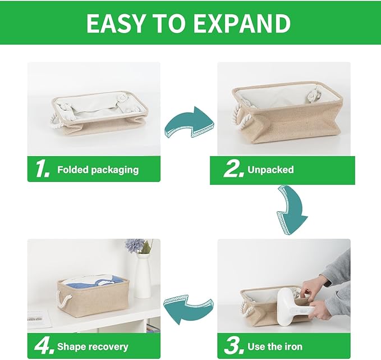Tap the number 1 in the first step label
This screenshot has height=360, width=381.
point(43,169)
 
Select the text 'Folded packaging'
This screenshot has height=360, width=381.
point(98,170)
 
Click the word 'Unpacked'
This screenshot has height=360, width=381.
point(272,170)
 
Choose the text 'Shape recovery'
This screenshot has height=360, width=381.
point(93,347)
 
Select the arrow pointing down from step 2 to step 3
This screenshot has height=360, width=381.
point(292,207)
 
